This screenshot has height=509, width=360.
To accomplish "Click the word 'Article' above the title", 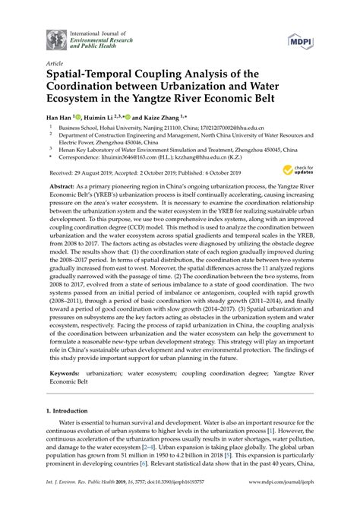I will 55,65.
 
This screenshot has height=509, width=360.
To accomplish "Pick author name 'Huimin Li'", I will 103,119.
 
